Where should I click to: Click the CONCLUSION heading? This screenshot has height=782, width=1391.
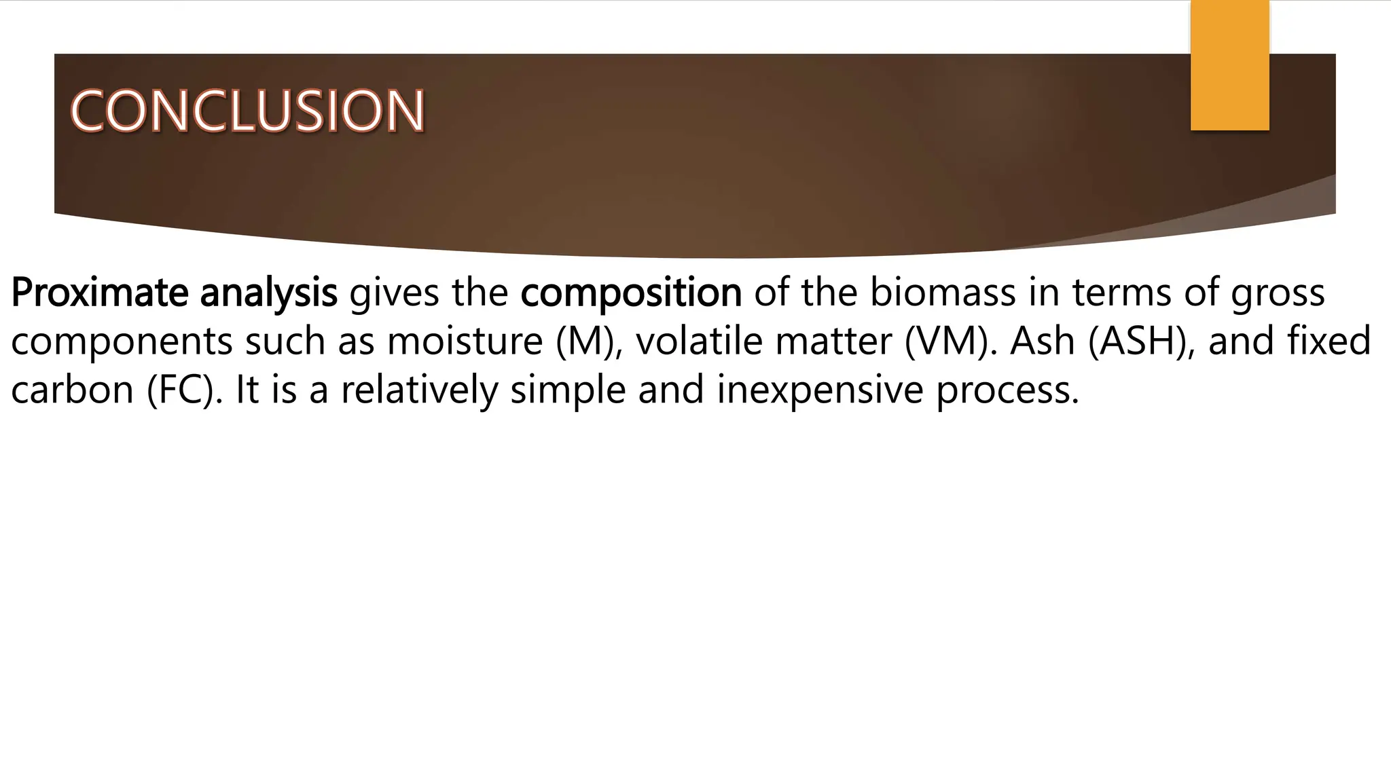[x=247, y=111]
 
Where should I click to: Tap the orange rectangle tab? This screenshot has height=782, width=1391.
[x=1229, y=65]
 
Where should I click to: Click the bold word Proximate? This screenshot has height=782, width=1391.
[x=99, y=293]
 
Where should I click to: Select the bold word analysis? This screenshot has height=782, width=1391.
[x=268, y=293]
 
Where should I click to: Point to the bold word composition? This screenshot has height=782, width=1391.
[x=631, y=293]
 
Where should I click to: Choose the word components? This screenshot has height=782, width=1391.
[x=122, y=341]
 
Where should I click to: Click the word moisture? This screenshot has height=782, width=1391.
[x=465, y=341]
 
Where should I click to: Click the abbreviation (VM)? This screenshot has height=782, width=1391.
[x=947, y=341]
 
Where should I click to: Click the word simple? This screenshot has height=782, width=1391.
[x=568, y=390]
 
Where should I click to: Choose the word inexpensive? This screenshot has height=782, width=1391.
[x=820, y=390]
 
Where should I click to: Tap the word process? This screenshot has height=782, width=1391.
[x=1007, y=390]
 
